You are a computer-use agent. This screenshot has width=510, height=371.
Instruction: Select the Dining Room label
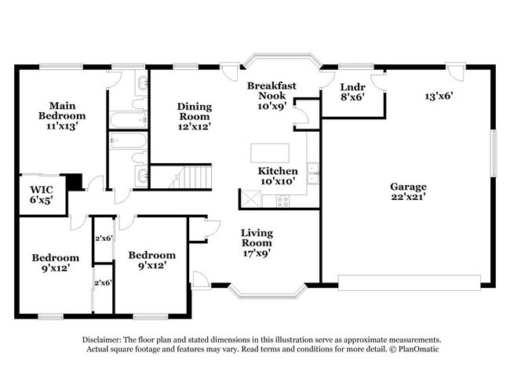tap(193, 116)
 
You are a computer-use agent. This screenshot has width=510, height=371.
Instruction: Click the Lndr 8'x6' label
tap(352, 92)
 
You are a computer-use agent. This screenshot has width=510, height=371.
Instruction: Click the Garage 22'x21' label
tap(408, 192)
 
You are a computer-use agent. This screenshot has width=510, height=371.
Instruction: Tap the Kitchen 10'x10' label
tap(278, 176)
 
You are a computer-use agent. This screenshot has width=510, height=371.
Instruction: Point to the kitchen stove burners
tap(282, 200)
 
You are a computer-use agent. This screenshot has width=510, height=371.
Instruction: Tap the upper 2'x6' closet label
tap(103, 238)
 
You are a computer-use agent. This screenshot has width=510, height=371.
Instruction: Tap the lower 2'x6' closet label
tap(103, 282)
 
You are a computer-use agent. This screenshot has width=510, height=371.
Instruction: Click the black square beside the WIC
tap(75, 181)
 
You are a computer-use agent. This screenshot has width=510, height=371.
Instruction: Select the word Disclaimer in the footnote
tap(101, 339)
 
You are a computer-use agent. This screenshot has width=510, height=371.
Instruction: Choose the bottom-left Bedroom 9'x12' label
tap(55, 264)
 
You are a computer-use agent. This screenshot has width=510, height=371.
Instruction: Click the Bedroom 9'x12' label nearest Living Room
tap(152, 260)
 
